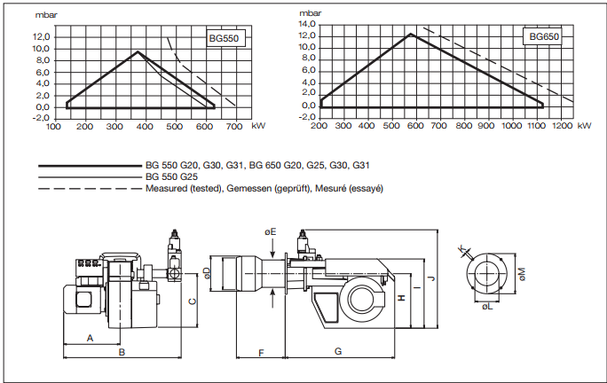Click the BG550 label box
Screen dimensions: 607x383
(225, 38)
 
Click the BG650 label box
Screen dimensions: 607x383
(542, 36)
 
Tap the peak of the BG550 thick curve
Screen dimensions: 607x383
(138, 51)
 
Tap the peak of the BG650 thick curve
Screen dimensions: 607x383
(410, 34)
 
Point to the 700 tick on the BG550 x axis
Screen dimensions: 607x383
(234, 127)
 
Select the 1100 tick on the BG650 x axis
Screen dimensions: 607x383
(537, 126)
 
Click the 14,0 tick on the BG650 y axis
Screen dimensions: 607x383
(307, 24)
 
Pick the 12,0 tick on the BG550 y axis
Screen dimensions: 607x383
(42, 37)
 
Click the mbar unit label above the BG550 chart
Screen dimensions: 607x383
(46, 15)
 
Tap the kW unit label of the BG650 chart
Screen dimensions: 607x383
(585, 126)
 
